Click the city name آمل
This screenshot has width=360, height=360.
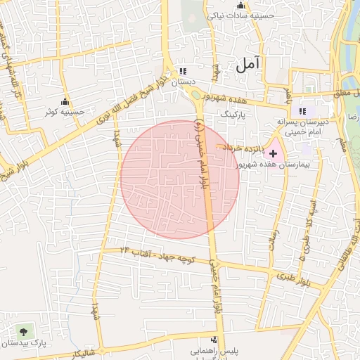pos(248,64)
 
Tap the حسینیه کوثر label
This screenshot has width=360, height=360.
pos(65,112)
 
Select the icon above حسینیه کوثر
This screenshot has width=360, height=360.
pos(65,101)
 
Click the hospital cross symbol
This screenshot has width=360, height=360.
pos(274,153)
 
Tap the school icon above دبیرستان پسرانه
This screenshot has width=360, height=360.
pos(303,111)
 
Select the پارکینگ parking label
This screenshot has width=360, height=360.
pos(234,113)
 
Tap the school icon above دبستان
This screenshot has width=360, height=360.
pos(183,71)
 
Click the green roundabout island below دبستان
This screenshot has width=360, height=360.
pos(195,95)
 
